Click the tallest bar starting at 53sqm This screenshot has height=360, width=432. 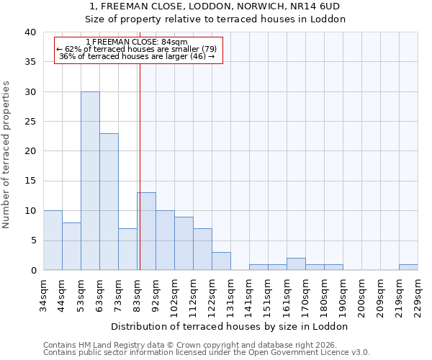pyautogui.click(x=90, y=181)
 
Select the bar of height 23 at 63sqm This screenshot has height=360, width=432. pyautogui.click(x=109, y=202)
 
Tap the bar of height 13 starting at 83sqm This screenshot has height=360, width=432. pyautogui.click(x=146, y=231)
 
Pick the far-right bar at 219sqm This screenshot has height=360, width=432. pyautogui.click(x=408, y=267)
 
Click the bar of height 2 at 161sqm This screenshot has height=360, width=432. pyautogui.click(x=296, y=264)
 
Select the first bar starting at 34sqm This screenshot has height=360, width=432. pyautogui.click(x=53, y=240)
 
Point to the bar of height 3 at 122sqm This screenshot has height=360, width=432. pyautogui.click(x=221, y=261)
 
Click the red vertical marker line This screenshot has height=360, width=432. pyautogui.click(x=140, y=166)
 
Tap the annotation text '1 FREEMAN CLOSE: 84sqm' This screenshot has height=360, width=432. pyautogui.click(x=136, y=42)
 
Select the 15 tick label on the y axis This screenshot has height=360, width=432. pyautogui.click(x=30, y=181)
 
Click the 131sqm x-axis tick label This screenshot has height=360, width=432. pyautogui.click(x=230, y=294)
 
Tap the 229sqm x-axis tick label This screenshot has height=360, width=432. pyautogui.click(x=418, y=294)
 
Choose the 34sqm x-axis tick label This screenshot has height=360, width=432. pyautogui.click(x=43, y=294)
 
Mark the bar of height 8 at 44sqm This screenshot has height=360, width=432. pyautogui.click(x=71, y=246)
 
